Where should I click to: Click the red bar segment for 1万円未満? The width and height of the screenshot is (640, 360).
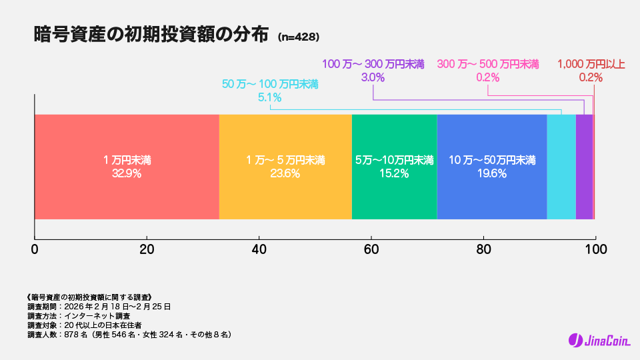pos(127,167)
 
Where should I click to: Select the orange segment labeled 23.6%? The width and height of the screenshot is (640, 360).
pos(285,167)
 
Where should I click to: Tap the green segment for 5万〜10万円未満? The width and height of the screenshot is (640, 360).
pos(394,167)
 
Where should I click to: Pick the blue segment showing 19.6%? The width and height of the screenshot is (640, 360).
pos(491,167)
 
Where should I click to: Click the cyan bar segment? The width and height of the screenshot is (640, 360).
pos(561,167)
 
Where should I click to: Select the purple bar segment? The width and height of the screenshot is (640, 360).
pos(584,167)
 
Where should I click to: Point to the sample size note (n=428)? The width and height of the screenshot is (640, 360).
pos(299,37)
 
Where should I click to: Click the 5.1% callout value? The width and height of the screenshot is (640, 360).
pos(269,97)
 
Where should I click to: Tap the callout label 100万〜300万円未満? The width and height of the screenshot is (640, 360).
pos(373,64)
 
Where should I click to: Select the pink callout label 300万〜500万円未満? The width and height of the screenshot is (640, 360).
pos(488,64)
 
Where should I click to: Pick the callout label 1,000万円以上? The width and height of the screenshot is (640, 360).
pos(591,64)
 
